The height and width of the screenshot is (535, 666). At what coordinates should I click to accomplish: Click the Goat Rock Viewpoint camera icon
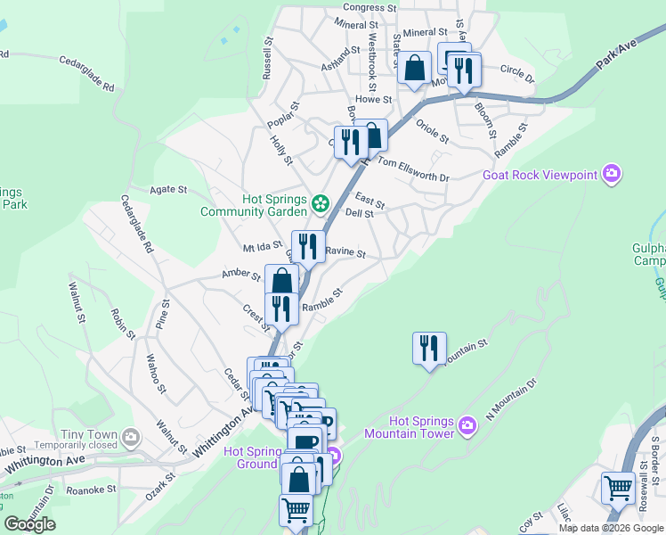(x=611, y=174)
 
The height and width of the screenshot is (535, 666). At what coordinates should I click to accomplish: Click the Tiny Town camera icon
(x=131, y=437)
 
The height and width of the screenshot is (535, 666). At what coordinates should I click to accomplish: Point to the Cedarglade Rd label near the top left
(x=87, y=74)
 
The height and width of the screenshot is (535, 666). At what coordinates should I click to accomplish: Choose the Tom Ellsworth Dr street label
(x=414, y=169)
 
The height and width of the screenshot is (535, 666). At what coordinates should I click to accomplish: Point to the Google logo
(x=29, y=524)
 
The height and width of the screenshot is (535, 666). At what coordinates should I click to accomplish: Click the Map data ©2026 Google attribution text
(x=611, y=528)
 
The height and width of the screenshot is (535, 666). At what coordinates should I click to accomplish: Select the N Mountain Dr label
(x=512, y=399)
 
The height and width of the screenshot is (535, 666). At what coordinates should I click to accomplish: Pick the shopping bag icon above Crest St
(x=281, y=280)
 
